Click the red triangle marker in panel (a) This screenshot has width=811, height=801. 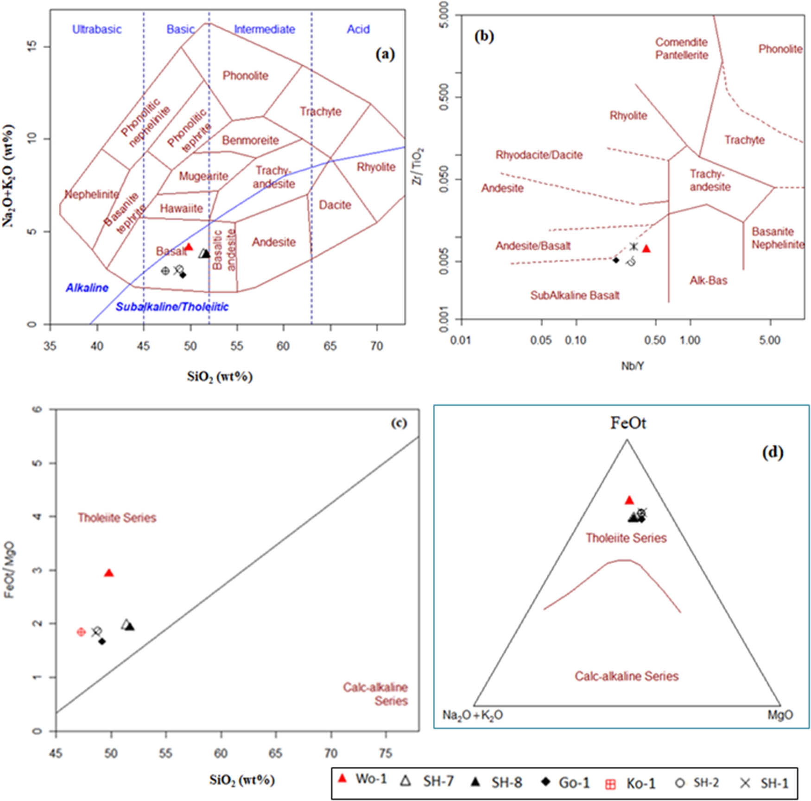189,247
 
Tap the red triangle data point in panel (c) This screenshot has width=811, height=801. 109,573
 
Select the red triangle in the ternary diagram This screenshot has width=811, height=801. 629,500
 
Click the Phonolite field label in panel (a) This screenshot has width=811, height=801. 245,76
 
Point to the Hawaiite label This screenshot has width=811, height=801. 181,209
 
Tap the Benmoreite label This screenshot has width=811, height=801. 250,140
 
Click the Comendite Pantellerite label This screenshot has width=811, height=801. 681,49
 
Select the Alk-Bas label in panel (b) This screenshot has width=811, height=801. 708,280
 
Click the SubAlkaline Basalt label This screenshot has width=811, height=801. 575,295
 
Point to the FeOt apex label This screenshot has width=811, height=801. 628,423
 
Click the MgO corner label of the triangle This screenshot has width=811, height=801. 780,715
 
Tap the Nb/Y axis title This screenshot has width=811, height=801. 633,366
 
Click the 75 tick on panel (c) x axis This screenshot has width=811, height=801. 386,753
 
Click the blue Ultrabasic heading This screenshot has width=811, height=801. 97,29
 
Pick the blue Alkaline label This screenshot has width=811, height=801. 87,288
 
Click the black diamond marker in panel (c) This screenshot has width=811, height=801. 102,642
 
